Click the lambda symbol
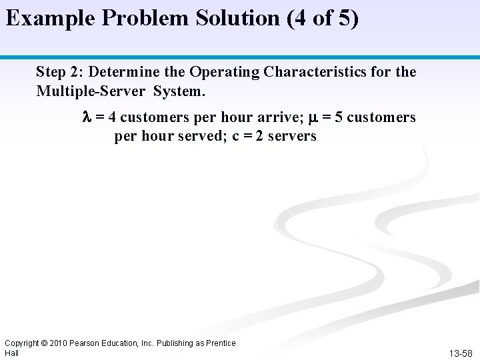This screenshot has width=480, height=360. [85, 118]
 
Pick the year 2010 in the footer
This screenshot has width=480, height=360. [71, 343]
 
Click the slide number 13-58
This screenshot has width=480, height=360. [460, 351]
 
